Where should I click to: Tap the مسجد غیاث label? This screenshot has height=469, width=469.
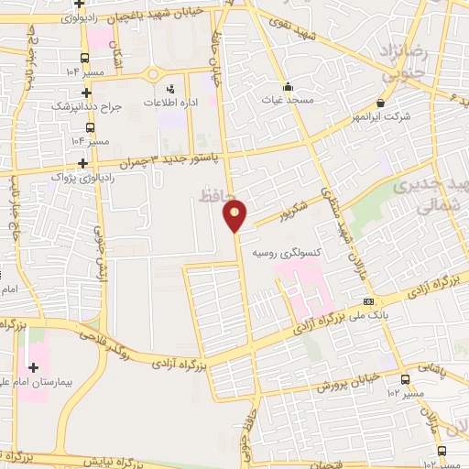click(289, 99)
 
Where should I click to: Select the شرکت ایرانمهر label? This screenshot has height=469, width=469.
click(380, 116)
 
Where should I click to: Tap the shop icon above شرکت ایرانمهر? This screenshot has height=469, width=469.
click(380, 104)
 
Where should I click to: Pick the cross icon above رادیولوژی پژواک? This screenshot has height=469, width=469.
click(84, 163)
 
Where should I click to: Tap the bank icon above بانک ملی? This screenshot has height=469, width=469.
click(368, 301)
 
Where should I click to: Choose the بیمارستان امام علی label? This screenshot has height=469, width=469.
click(51, 377)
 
